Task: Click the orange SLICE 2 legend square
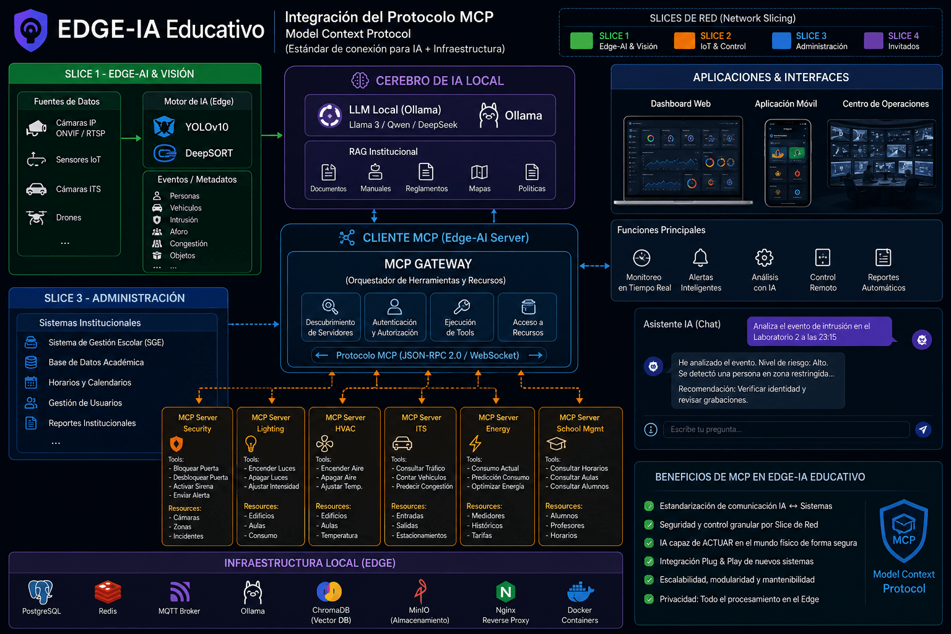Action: coord(684,41)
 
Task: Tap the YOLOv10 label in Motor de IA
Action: coord(207,127)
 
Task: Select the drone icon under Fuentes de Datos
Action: coord(36,217)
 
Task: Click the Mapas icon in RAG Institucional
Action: coord(479,172)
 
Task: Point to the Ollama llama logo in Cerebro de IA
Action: coord(489,115)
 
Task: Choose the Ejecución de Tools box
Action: coord(461,317)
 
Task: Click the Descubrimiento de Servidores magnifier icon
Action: coord(330,306)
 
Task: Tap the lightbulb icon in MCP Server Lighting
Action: coord(251,444)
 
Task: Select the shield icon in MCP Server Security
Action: coord(176,444)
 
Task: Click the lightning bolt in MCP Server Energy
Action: coord(475,443)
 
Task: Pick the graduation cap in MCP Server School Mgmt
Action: coord(556,443)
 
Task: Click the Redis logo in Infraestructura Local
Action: coord(108,591)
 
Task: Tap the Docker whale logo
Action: coord(580,592)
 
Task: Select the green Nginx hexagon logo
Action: coord(506,591)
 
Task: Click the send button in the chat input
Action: coord(923,429)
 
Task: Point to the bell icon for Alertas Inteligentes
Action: coord(700,258)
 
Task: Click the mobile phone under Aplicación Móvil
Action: coord(788,163)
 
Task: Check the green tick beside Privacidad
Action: coord(649,599)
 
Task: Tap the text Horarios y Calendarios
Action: coord(90,383)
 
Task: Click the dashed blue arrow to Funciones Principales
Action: coord(595,266)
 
